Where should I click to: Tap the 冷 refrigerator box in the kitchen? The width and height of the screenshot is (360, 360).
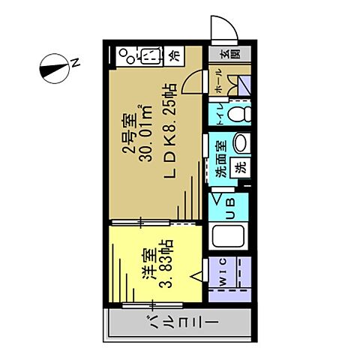174,55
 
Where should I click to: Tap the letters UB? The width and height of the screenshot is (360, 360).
230,204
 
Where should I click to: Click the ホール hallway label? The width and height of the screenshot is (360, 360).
218,82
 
